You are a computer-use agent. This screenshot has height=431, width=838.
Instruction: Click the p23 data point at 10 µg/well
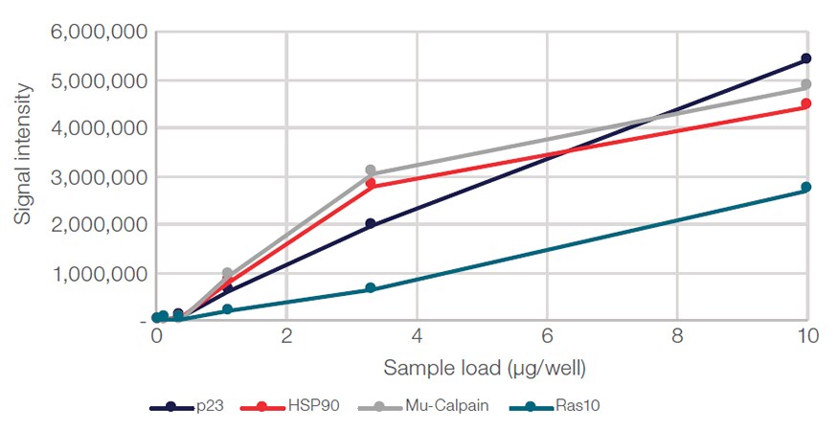(806, 59)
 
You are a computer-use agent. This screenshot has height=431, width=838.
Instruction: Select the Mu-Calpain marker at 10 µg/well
(806, 84)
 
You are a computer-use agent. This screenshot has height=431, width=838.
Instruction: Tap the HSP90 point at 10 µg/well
(806, 103)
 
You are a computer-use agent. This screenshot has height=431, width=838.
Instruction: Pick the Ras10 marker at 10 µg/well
(806, 188)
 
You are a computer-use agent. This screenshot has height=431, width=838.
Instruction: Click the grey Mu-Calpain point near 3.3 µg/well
(371, 170)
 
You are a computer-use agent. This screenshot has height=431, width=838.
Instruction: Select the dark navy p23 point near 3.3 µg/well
(371, 224)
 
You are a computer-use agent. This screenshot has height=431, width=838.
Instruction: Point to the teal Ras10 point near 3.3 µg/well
(371, 288)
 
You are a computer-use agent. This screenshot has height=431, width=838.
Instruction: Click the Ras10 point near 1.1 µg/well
(227, 309)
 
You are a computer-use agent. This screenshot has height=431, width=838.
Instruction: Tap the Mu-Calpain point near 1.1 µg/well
(227, 274)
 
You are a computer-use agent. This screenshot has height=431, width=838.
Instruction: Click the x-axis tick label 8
(676, 337)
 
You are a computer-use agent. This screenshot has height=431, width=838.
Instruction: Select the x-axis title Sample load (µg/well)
(485, 368)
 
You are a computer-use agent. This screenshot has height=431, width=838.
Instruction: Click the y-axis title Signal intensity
(23, 153)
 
